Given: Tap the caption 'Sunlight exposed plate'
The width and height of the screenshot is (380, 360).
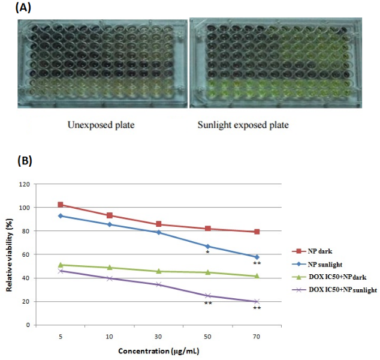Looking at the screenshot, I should pyautogui.click(x=243, y=125).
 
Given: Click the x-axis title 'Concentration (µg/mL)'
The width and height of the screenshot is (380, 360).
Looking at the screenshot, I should pyautogui.click(x=159, y=350).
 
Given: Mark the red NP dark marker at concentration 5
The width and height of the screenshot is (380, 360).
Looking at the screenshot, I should pyautogui.click(x=61, y=205).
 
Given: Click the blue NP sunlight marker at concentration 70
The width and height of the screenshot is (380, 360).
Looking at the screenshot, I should pyautogui.click(x=257, y=257).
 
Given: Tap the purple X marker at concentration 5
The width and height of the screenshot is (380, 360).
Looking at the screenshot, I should pyautogui.click(x=61, y=271).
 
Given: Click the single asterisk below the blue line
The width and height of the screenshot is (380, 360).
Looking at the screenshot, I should pyautogui.click(x=207, y=253).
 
